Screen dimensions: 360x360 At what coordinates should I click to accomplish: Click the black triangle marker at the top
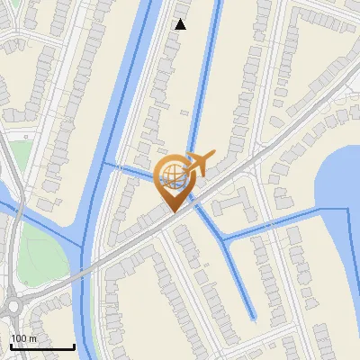181,24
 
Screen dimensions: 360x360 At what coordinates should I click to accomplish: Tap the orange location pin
172,181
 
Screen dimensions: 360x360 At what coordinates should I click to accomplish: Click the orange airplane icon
199,163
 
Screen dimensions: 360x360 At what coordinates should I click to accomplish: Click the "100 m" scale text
24,337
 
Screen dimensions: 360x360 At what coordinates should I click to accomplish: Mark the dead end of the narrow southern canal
253,317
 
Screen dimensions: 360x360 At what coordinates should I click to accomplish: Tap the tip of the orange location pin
172,210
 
